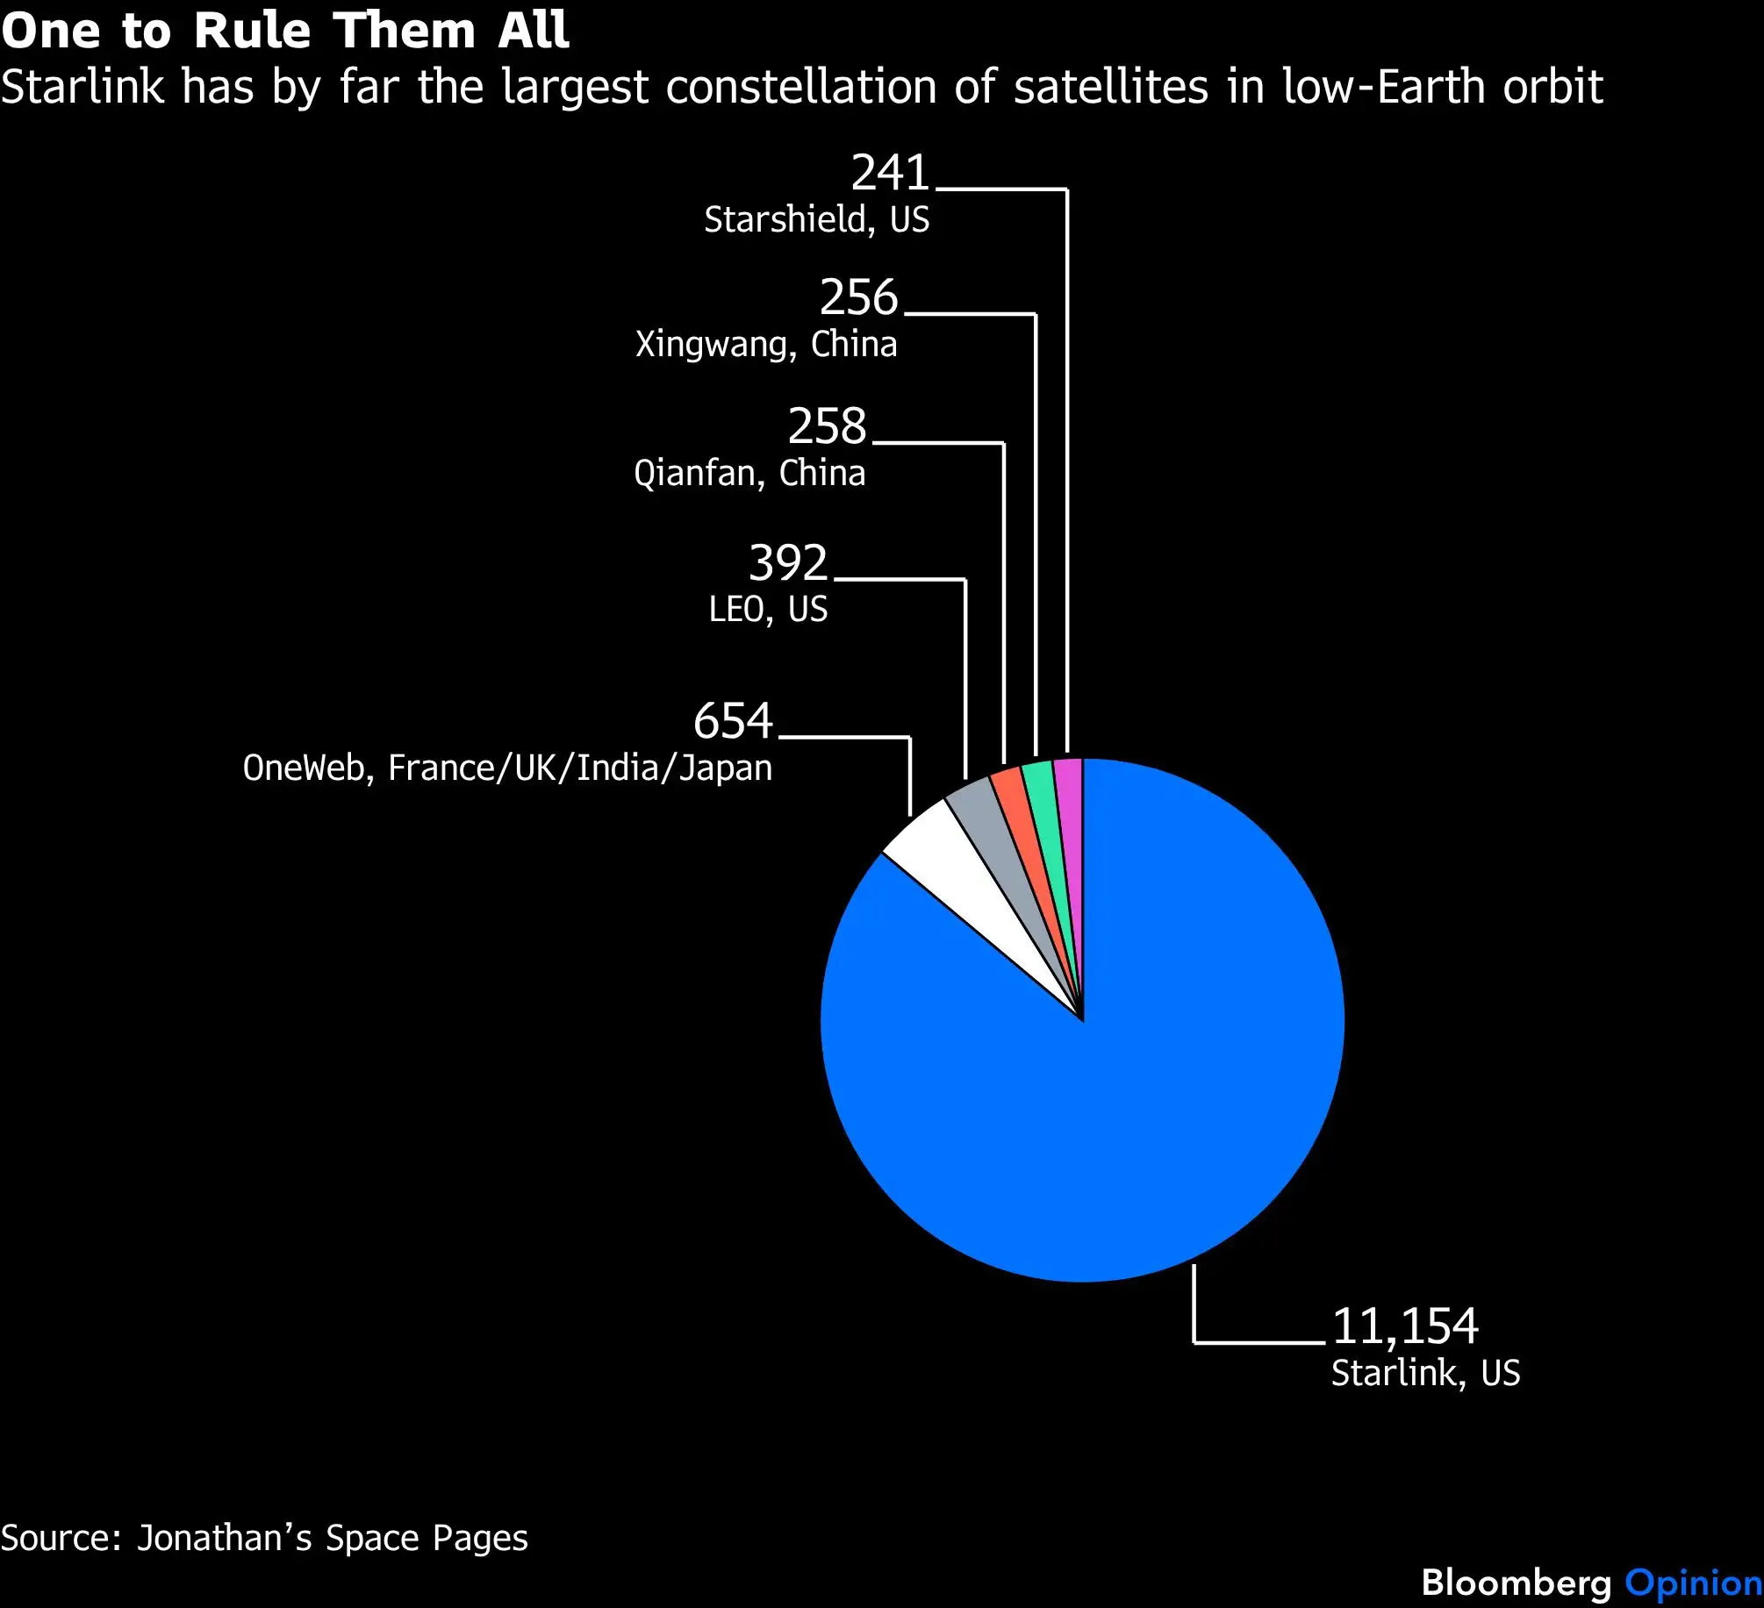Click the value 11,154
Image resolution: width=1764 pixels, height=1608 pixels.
[1405, 1326]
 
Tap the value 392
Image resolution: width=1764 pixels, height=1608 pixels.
[788, 562]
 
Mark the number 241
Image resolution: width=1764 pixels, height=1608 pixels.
[890, 172]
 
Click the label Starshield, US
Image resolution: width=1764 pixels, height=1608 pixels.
[816, 219]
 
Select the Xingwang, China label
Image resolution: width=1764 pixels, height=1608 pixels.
[766, 344]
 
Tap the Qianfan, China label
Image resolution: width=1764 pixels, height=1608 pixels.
[749, 474]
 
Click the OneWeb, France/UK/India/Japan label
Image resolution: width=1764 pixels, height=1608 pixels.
[507, 768]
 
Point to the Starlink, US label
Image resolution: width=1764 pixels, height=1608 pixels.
[1425, 1373]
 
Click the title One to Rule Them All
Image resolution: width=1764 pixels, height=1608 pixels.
[285, 31]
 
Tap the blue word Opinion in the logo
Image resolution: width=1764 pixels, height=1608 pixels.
[1693, 1583]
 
